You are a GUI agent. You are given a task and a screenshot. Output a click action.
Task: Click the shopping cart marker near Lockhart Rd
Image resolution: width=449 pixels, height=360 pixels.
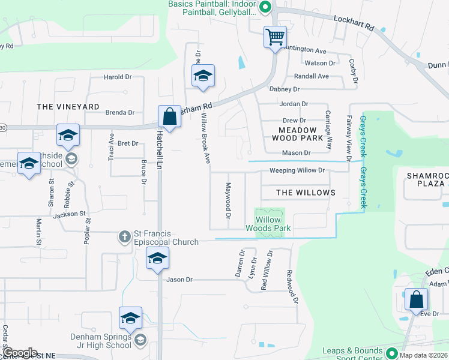(275, 37)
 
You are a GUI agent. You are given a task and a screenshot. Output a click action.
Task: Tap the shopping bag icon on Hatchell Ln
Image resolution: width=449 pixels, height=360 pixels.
(170, 116)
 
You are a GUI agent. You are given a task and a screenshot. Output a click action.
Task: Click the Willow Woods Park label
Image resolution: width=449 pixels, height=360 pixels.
(268, 224)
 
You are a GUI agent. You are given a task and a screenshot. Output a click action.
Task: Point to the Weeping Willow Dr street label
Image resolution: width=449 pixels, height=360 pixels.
(297, 170)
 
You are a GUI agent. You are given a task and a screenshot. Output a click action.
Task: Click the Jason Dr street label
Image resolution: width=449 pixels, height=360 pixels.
(179, 280)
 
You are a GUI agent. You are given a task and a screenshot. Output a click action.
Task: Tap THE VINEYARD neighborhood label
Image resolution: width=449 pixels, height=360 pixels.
(68, 107)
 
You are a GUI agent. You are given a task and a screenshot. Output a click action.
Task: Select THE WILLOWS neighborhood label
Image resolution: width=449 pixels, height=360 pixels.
(306, 193)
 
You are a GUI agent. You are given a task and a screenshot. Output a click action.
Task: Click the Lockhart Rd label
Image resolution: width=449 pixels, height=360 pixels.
(354, 28)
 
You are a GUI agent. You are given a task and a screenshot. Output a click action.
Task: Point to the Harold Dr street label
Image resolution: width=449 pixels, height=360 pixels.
(118, 77)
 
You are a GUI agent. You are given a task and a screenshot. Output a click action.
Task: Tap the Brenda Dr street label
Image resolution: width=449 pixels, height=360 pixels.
(120, 112)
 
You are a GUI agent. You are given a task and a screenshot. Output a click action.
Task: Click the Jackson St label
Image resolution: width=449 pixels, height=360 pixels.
(70, 214)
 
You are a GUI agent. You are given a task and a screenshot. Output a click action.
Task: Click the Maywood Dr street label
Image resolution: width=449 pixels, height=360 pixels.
(228, 200)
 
